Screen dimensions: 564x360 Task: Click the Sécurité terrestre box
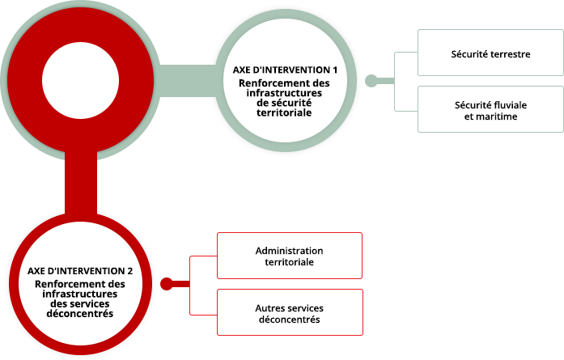(490, 53)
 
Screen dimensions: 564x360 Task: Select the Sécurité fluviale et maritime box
(490, 109)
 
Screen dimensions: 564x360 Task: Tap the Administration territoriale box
(290, 256)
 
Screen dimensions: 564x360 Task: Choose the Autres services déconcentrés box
(290, 312)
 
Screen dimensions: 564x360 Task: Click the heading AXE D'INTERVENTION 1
(285, 70)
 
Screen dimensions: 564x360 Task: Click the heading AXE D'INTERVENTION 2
(80, 271)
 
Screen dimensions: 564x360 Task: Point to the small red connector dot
(167, 284)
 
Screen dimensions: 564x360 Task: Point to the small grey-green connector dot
(371, 81)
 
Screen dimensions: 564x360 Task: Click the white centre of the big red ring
(81, 81)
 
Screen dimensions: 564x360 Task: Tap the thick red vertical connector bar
(81, 184)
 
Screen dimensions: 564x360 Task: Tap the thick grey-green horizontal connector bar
(187, 81)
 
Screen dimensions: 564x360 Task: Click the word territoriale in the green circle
(284, 113)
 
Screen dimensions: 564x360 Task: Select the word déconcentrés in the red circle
(80, 314)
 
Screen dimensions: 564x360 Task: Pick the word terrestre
(510, 54)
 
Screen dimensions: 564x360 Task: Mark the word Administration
(289, 251)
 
